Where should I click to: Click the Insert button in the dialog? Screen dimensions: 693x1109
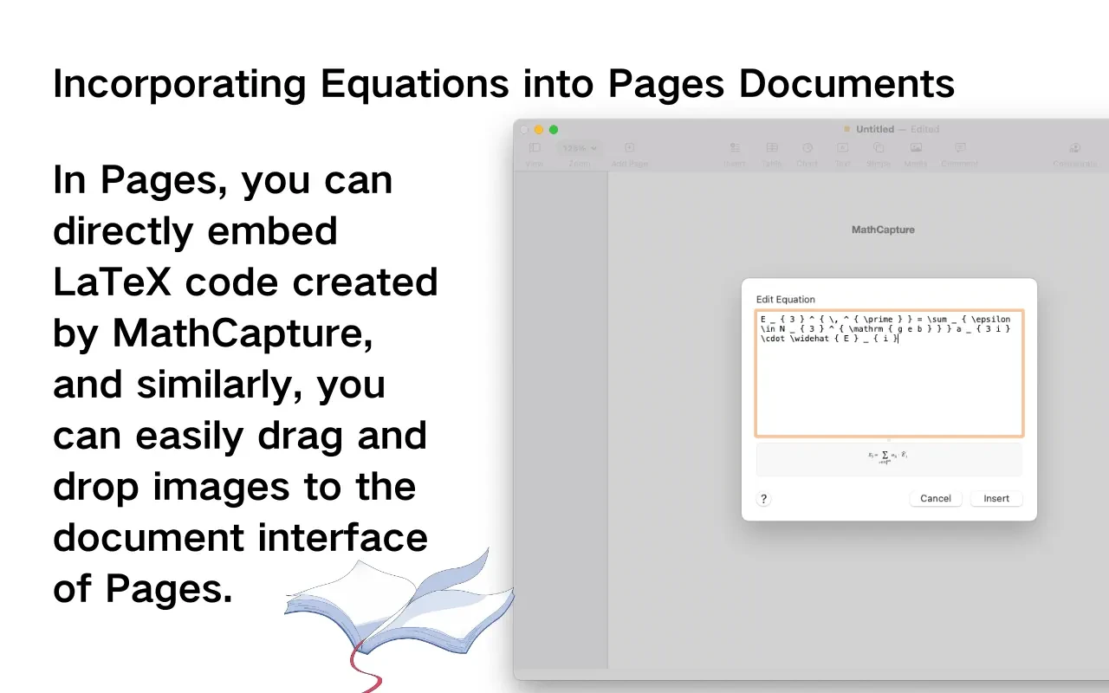996,498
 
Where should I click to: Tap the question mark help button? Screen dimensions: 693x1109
763,499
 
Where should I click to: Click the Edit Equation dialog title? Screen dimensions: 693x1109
785,300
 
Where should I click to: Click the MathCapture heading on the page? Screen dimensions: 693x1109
883,230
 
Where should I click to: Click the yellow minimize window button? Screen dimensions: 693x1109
539,129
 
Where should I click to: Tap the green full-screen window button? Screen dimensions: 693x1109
554,129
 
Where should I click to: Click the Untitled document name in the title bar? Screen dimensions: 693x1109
874,129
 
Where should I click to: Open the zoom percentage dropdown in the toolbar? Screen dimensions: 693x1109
580,149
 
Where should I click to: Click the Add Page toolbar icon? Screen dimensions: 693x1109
630,149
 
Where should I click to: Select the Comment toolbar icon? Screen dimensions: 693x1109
959,149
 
